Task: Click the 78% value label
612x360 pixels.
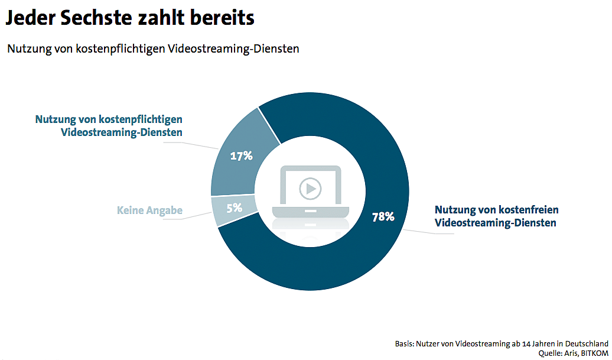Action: (x=383, y=216)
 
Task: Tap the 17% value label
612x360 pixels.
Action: (x=241, y=156)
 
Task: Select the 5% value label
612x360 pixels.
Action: (x=235, y=208)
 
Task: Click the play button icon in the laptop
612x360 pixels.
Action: (x=310, y=189)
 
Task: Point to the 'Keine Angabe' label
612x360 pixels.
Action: (x=149, y=210)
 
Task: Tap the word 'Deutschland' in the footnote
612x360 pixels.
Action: (x=585, y=343)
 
